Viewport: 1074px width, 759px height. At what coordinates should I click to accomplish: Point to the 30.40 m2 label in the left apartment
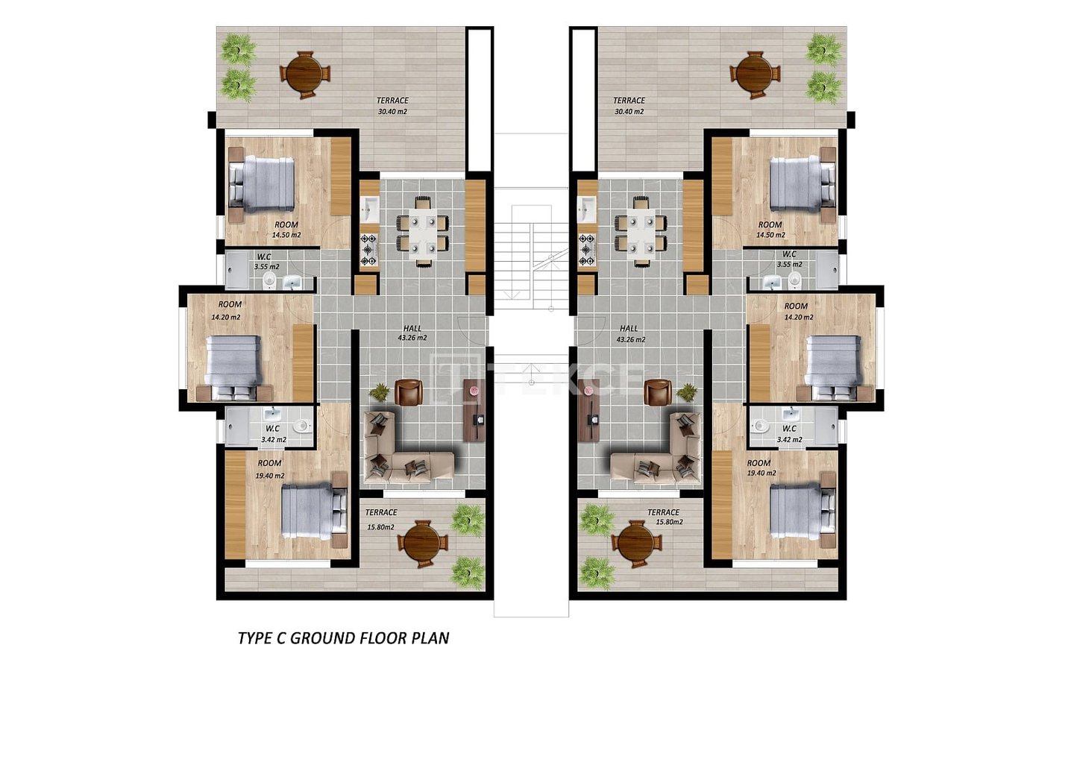pyautogui.click(x=392, y=112)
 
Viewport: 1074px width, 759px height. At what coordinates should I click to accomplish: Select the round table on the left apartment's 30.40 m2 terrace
pyautogui.click(x=305, y=75)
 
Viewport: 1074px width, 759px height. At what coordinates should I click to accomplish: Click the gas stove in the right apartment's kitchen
pyautogui.click(x=587, y=250)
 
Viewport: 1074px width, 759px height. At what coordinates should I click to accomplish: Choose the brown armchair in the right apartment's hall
pyautogui.click(x=657, y=392)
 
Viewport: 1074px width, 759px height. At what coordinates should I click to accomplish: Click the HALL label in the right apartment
pyautogui.click(x=629, y=328)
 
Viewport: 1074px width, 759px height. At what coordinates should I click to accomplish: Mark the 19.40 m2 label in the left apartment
pyautogui.click(x=270, y=476)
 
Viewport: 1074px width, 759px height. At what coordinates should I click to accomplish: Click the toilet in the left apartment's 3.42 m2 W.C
pyautogui.click(x=301, y=426)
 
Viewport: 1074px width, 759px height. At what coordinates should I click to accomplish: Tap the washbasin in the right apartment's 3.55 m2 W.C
pyautogui.click(x=773, y=283)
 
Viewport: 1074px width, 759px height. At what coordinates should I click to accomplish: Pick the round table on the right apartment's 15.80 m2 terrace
pyautogui.click(x=635, y=544)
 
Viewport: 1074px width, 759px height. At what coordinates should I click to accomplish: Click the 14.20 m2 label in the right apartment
pyautogui.click(x=799, y=317)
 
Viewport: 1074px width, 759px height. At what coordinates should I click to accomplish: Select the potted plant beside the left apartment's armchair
pyautogui.click(x=380, y=391)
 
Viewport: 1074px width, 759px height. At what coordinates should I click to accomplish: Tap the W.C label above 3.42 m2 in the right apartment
pyautogui.click(x=789, y=429)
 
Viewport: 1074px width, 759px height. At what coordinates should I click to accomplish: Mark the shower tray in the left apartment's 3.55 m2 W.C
pyautogui.click(x=237, y=271)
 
